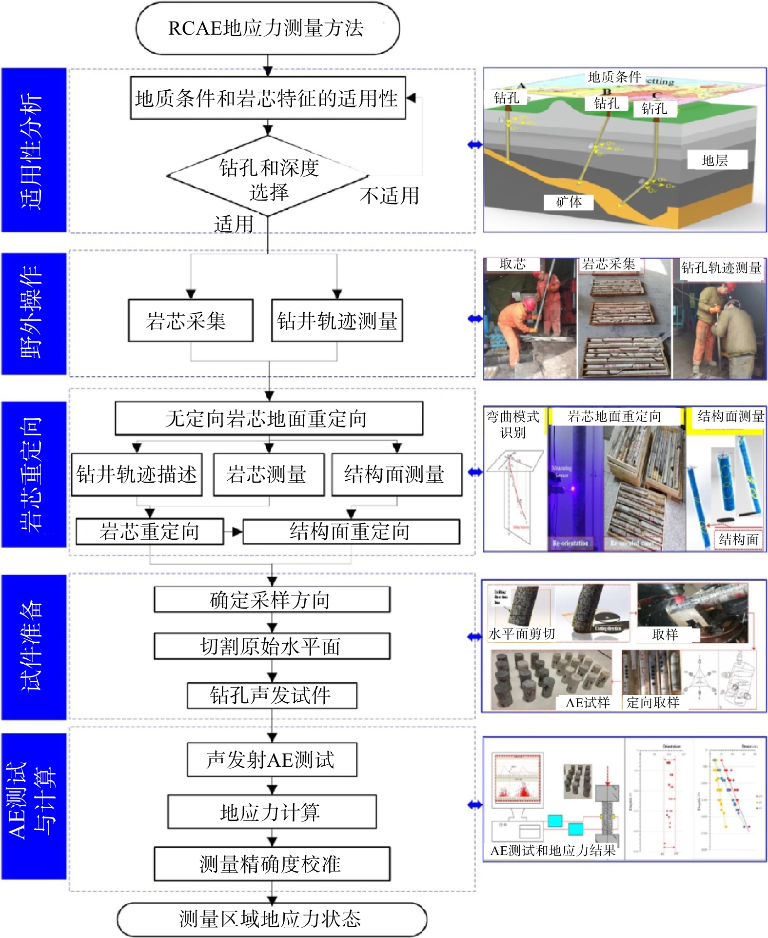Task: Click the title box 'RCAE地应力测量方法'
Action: [x=267, y=28]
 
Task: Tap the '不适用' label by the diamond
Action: [x=389, y=196]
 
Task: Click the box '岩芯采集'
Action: [x=191, y=321]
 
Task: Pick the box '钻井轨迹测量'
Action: [x=337, y=321]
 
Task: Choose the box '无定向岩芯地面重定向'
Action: [x=269, y=418]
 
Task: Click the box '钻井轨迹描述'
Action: [x=137, y=474]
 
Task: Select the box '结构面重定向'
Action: [x=351, y=531]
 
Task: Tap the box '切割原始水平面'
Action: [x=272, y=646]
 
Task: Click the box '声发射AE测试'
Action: [x=272, y=759]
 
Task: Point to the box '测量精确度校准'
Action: [x=272, y=864]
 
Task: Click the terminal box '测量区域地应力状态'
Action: [x=272, y=919]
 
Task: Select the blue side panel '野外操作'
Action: [x=34, y=313]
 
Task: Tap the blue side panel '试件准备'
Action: [x=34, y=647]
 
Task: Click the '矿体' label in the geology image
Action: [x=569, y=202]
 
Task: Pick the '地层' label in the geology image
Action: [x=715, y=160]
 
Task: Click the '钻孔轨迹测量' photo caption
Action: [x=721, y=267]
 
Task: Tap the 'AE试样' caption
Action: [x=587, y=702]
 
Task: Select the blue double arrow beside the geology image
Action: [x=474, y=144]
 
